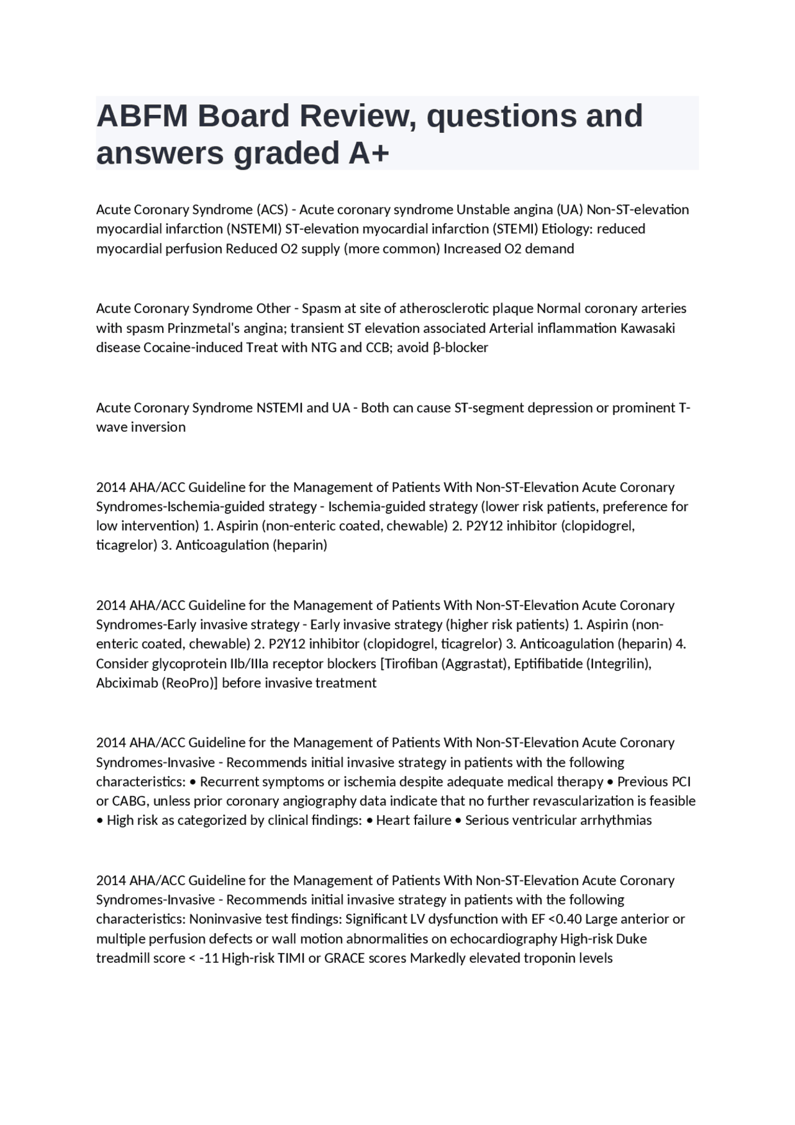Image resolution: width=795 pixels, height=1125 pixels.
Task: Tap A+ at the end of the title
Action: [368, 153]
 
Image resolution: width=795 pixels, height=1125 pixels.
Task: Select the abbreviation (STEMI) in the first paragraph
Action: [515, 229]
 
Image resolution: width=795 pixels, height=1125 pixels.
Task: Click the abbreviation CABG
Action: [129, 801]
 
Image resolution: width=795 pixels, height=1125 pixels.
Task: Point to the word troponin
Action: [549, 958]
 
